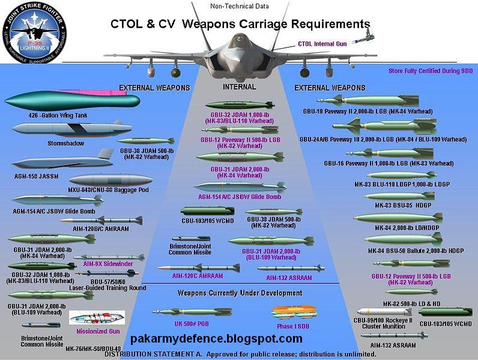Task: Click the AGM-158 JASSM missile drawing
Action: pos(60,163)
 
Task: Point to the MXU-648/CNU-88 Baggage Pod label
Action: pos(109,190)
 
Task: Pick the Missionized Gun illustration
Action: pos(97,317)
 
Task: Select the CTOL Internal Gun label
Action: pos(321,44)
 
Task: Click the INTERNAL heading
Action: pos(239,87)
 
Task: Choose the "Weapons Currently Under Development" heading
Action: pos(240,293)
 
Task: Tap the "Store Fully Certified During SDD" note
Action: pos(432,71)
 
